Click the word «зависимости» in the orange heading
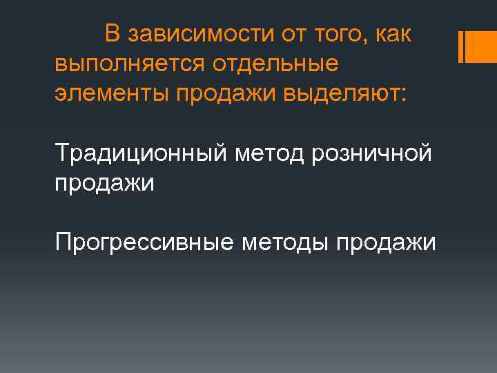tap(192, 35)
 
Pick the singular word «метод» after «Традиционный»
tap(269, 153)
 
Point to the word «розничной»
tap(371, 153)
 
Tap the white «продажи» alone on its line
tap(104, 183)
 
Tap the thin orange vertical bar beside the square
tap(460, 47)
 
